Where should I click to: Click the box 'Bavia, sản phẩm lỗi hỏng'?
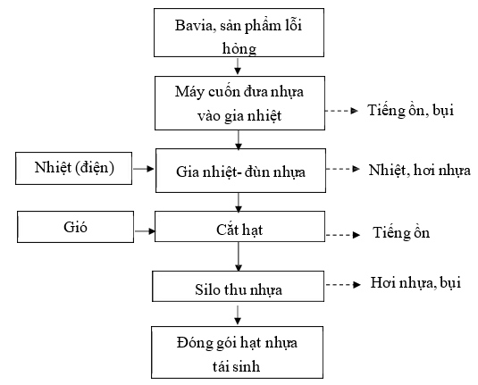pyautogui.click(x=239, y=33)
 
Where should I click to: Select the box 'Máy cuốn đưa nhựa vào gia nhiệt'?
pyautogui.click(x=239, y=103)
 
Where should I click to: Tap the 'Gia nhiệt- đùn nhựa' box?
pyautogui.click(x=240, y=171)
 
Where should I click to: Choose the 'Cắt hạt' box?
pyautogui.click(x=239, y=226)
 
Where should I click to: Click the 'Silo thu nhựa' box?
pyautogui.click(x=238, y=286)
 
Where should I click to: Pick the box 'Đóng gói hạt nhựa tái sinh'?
pyautogui.click(x=237, y=352)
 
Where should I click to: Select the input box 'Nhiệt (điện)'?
pyautogui.click(x=74, y=168)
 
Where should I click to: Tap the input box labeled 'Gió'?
pyautogui.click(x=75, y=227)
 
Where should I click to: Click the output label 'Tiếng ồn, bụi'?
pyautogui.click(x=411, y=110)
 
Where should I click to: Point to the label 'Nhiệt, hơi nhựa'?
pyautogui.click(x=419, y=170)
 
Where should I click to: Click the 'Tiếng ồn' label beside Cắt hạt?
pyautogui.click(x=401, y=232)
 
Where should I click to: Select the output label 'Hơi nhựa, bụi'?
pyautogui.click(x=415, y=282)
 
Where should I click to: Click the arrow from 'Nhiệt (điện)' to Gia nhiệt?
pyautogui.click(x=144, y=169)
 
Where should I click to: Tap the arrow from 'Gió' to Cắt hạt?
pyautogui.click(x=145, y=231)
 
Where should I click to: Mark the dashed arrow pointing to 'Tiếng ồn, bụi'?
pyautogui.click(x=341, y=111)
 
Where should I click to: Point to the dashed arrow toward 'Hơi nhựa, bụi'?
pyautogui.click(x=343, y=285)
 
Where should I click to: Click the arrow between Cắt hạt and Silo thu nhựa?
pyautogui.click(x=239, y=256)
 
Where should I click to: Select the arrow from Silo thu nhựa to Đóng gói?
pyautogui.click(x=238, y=315)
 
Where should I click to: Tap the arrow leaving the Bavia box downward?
pyautogui.click(x=238, y=66)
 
